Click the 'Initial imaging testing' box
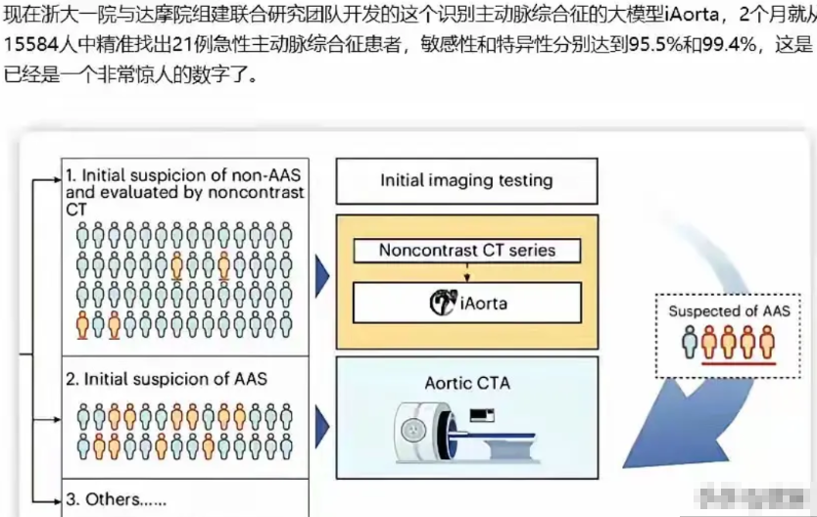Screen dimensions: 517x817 (466, 180)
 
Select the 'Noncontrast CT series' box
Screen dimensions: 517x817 (466, 251)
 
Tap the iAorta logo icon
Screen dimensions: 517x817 (442, 303)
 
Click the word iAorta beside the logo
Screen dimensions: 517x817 (483, 304)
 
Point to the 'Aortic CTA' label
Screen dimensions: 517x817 (466, 383)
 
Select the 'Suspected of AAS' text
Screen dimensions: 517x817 (729, 311)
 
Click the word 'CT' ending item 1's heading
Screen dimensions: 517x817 (77, 210)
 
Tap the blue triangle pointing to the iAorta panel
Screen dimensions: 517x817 (322, 278)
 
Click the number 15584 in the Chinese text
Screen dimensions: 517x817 (26, 44)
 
